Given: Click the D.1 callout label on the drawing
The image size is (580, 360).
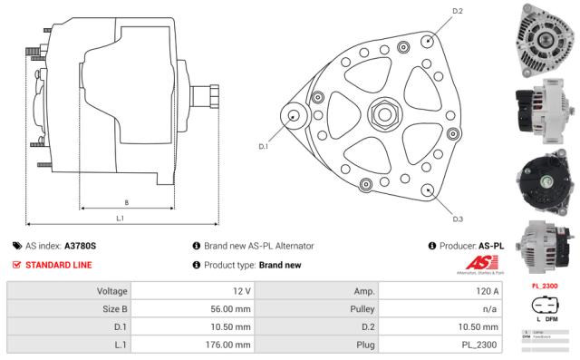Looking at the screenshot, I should click(x=264, y=146).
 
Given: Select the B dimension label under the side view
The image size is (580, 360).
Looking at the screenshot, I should click(x=125, y=201).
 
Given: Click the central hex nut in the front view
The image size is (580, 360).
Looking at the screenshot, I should click(x=382, y=115).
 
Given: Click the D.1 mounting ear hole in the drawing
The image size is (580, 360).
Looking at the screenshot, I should click(x=295, y=116).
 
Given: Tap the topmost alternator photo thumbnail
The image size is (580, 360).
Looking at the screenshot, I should click(x=546, y=35).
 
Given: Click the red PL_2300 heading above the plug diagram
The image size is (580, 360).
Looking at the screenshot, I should click(x=545, y=287).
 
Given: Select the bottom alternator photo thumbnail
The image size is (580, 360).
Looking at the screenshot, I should click(x=546, y=246).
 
